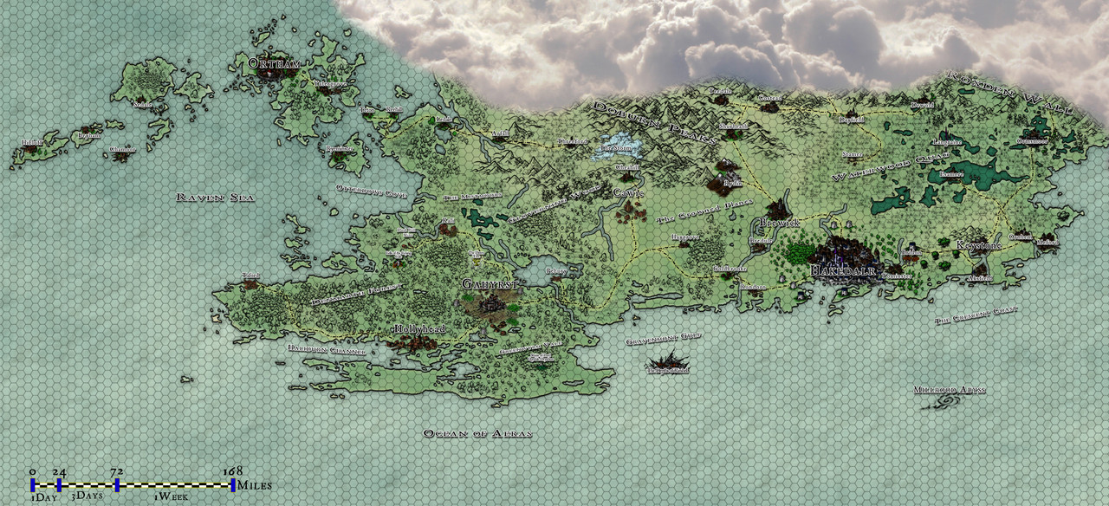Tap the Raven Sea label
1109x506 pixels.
pos(214,198)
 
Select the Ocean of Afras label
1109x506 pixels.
pos(477,432)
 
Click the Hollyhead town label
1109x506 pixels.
pos(419,329)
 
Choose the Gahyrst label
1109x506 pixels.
pos(490,283)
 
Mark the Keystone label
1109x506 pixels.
pos(978,245)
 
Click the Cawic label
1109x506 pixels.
pos(629,192)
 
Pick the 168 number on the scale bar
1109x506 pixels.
pos(232,471)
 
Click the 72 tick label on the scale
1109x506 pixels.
pos(117,471)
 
